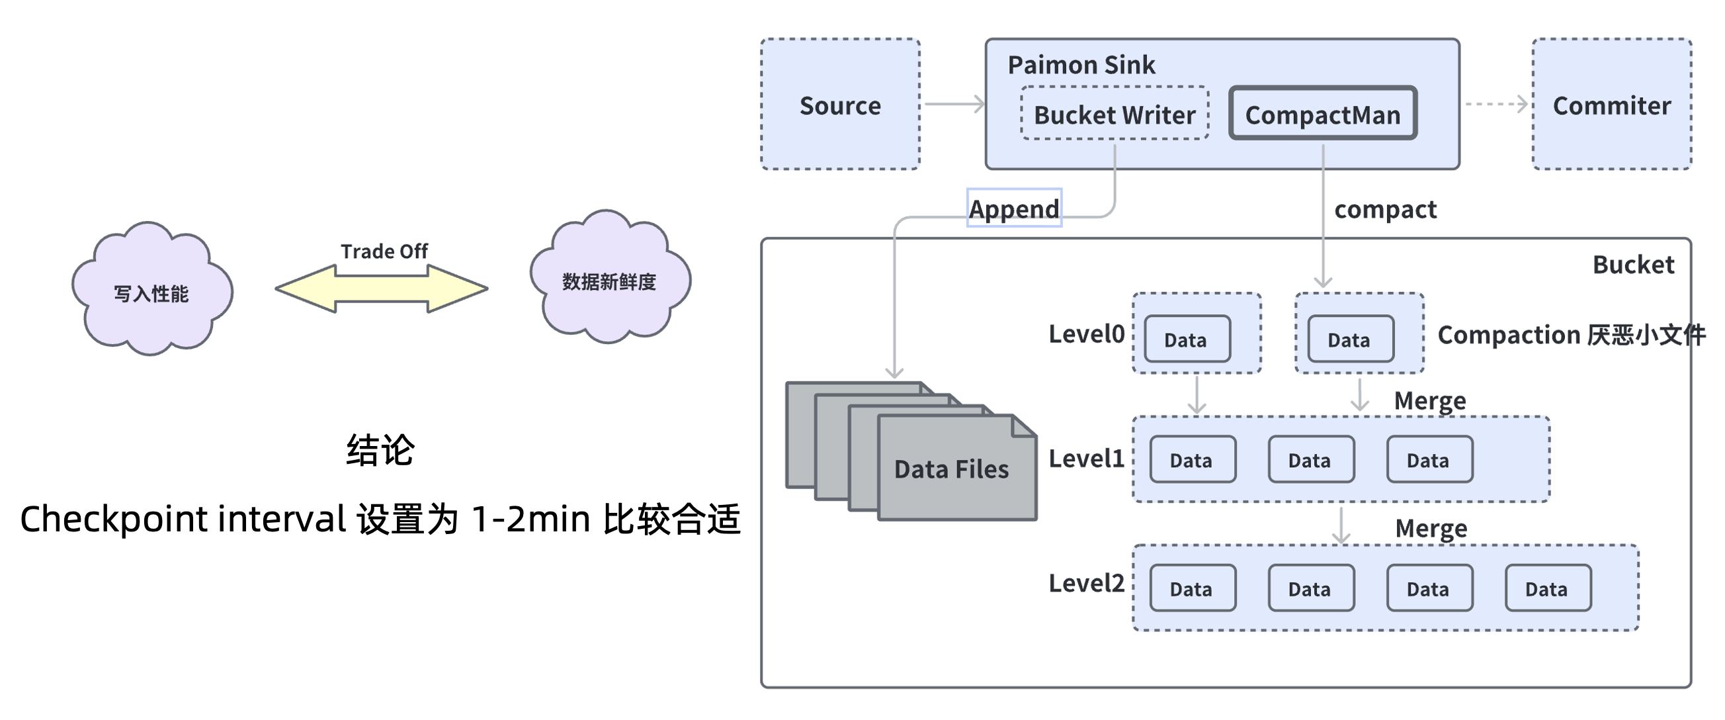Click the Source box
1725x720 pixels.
coord(840,105)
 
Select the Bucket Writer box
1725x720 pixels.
coord(1115,114)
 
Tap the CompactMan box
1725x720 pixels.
coord(1323,114)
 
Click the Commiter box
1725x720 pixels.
coord(1611,105)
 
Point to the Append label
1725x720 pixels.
coord(1014,208)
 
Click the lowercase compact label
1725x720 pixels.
coord(1385,209)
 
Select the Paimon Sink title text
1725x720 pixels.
coord(1081,65)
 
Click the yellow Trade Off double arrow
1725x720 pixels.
coord(382,289)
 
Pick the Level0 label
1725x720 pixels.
coord(1086,334)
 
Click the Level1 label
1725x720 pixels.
coord(1086,459)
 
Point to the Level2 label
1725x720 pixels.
coord(1086,584)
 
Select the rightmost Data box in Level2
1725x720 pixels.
coord(1548,588)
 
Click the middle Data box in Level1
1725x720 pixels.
coord(1310,459)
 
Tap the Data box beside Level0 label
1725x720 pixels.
coord(1187,339)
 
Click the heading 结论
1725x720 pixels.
coord(380,449)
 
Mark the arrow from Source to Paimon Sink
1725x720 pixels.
coord(954,104)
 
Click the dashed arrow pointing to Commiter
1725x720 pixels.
coord(1496,104)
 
